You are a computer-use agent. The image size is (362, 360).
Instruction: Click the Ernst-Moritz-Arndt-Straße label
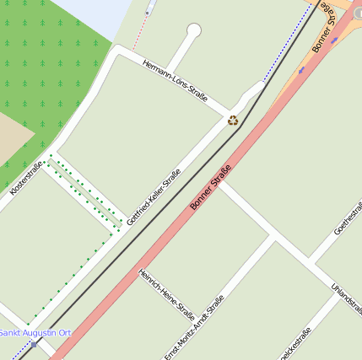(194, 327)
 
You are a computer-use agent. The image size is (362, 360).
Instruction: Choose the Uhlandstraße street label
(347, 300)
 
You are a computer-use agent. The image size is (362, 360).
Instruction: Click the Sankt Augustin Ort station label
(35, 333)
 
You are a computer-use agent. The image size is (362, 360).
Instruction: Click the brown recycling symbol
(233, 121)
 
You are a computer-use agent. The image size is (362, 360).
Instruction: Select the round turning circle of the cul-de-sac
(194, 31)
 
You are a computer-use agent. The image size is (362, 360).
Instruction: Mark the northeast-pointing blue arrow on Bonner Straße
(334, 40)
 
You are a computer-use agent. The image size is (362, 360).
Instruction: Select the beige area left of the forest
(12, 135)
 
